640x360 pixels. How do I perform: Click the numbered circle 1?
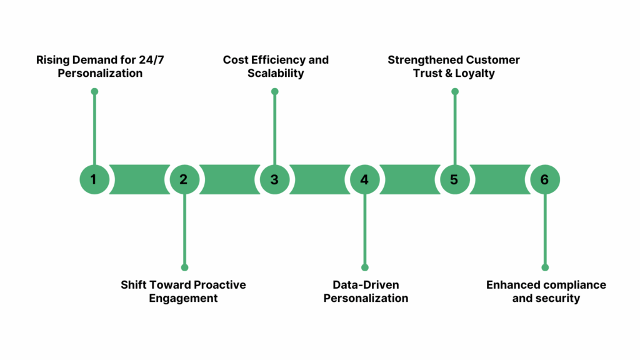[x=94, y=179]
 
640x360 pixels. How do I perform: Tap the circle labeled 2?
[x=184, y=179]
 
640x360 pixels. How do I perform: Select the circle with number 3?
[x=274, y=179]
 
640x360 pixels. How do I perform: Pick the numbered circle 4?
[x=364, y=179]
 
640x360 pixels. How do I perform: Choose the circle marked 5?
[x=454, y=179]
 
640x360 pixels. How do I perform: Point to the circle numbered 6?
[x=544, y=179]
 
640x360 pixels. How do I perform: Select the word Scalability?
[x=276, y=73]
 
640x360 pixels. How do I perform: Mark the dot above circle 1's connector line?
[x=94, y=91]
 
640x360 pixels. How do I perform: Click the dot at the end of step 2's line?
[x=184, y=267]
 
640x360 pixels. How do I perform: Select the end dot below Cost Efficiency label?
[x=274, y=91]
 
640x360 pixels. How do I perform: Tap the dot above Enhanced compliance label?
[x=545, y=267]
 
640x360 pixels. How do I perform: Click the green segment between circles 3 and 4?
[x=319, y=179]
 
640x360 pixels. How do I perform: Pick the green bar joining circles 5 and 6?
[x=499, y=179]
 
